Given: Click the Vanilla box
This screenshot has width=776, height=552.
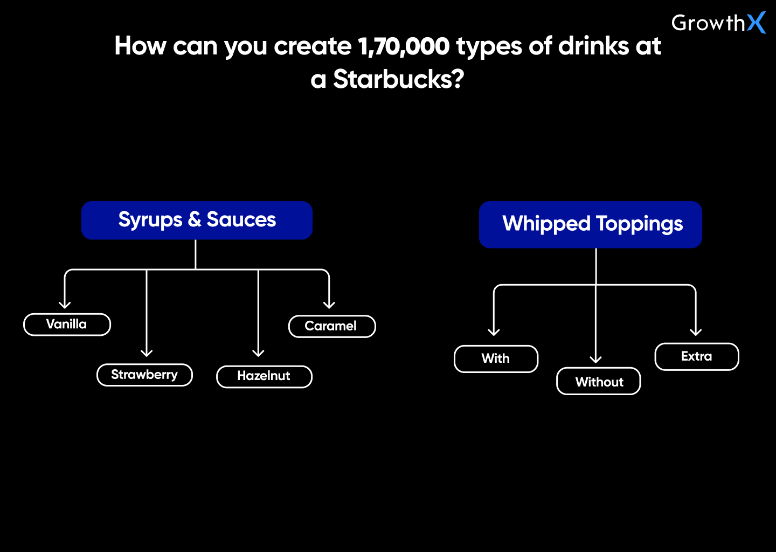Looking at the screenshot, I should coord(67,325).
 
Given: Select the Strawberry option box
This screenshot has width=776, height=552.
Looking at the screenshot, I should coord(144,375).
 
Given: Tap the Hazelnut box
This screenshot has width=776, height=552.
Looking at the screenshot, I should coord(264,377).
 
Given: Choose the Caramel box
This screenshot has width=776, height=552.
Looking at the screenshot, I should coord(332,327).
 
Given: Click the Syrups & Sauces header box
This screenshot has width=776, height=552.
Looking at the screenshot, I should coord(197,220).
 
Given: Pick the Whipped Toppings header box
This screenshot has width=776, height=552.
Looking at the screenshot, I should coord(591,224).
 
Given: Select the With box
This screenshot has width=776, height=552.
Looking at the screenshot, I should coord(496,359).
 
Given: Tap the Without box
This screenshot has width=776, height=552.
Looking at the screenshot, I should coord(599,382).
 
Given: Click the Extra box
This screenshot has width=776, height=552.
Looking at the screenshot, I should coord(696,357).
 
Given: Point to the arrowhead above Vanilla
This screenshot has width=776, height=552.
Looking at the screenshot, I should coord(65,305).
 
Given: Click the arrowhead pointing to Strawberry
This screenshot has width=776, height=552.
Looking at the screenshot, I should coord(147,353).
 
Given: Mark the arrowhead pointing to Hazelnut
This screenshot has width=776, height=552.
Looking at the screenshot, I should coord(259,353).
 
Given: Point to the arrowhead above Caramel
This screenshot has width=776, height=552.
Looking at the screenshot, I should coord(329,305).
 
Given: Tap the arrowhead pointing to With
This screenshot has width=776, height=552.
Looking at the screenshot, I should coord(494,332).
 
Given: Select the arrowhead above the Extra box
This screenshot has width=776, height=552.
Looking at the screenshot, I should coord(696,332).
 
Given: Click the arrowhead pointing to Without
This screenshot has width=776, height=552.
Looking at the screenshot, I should coord(595,360).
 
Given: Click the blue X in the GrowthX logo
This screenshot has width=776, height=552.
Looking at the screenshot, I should coord(756,23).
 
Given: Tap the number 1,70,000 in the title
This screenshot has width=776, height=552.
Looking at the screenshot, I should coord(404,46).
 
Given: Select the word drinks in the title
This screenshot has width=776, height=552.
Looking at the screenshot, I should coord(593,46).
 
